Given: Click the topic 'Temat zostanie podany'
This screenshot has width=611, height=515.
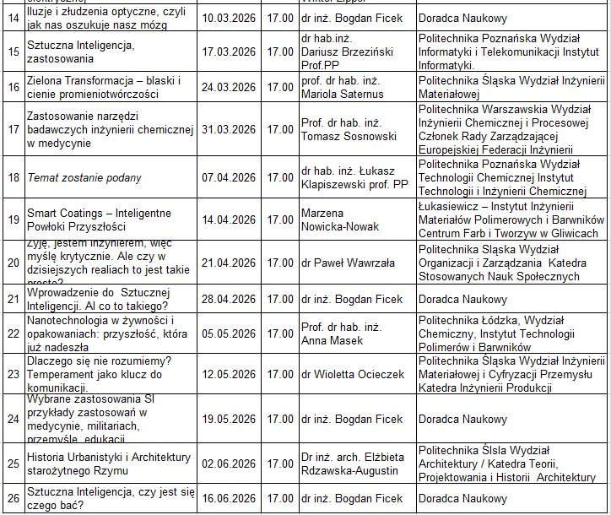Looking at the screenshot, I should [x=84, y=178].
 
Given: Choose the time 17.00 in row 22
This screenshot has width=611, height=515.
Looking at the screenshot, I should [x=280, y=333].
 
